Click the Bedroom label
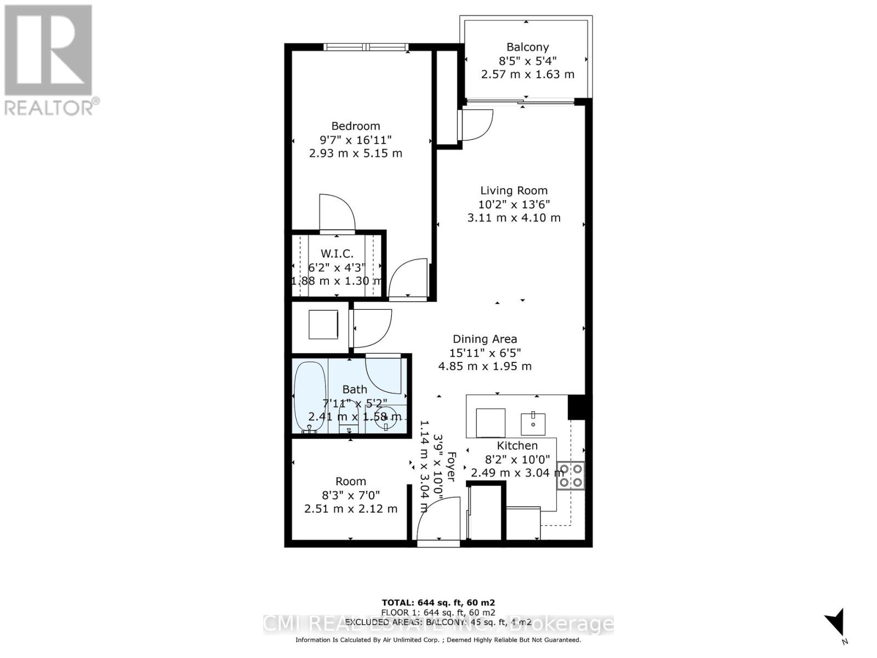tap(356, 126)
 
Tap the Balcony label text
tap(527, 47)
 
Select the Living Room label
tap(514, 191)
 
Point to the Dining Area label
tap(485, 339)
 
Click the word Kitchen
tap(517, 446)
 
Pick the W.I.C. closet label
tap(337, 254)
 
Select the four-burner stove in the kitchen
tap(571, 475)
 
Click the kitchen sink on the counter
tap(533, 423)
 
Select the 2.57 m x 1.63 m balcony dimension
tap(527, 75)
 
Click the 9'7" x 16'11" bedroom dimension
tap(356, 140)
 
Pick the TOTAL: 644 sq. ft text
tap(438, 603)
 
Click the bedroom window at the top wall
tap(366, 47)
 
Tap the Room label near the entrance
tap(351, 481)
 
